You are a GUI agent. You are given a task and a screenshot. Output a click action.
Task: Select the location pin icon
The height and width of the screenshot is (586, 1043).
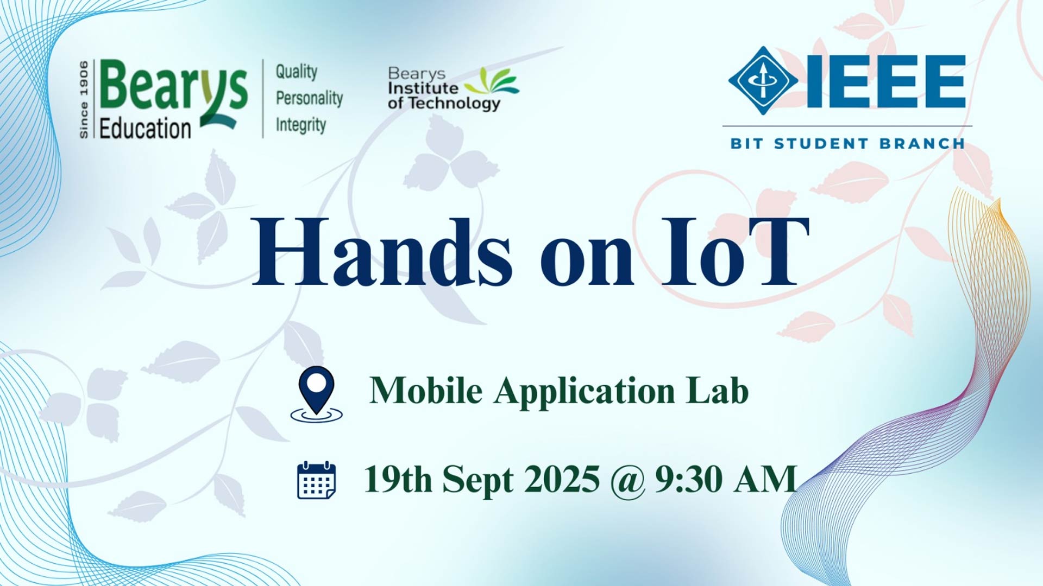[317, 394]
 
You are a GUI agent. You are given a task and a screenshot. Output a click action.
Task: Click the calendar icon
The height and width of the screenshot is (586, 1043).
[317, 480]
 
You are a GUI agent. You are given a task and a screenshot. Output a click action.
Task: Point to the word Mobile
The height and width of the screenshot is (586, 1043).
[426, 390]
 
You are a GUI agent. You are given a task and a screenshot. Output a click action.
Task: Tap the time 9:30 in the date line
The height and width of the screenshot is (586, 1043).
[688, 479]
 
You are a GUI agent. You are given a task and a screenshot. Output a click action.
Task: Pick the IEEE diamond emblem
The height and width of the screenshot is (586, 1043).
[763, 81]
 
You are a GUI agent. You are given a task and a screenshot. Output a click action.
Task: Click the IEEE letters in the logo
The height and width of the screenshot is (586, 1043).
[886, 81]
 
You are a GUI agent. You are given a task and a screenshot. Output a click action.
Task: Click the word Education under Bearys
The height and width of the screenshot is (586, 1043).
[145, 129]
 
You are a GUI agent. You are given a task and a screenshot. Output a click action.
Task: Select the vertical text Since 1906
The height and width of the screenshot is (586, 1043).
[84, 99]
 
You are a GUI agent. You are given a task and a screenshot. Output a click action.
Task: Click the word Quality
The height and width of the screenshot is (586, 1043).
[297, 72]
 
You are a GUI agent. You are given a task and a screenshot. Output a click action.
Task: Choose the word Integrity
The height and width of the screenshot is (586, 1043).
[301, 125]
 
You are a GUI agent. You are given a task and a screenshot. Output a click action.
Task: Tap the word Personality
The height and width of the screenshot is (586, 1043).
[310, 98]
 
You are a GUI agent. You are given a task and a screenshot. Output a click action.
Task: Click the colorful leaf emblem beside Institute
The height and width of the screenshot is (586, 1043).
[492, 83]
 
